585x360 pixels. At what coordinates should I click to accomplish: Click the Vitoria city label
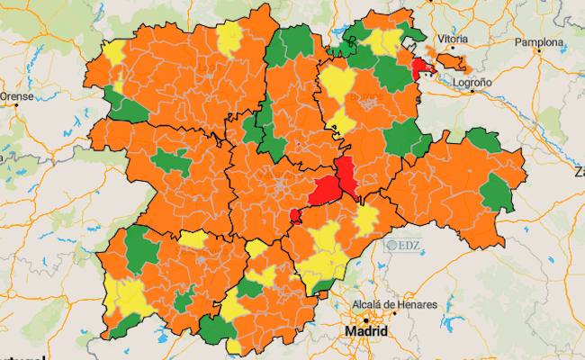pos(452,40)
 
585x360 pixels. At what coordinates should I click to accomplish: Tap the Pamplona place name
pos(540,42)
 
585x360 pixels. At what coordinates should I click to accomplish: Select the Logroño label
pos(472,82)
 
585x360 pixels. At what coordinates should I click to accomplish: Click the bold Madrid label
pos(366,332)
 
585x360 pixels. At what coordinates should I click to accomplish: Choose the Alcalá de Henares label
pos(395,305)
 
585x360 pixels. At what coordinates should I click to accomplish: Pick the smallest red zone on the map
pos(294,215)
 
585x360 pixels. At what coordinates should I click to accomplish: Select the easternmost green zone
pos(497,193)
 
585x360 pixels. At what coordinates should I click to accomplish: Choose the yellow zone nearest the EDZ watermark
pos(365,220)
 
